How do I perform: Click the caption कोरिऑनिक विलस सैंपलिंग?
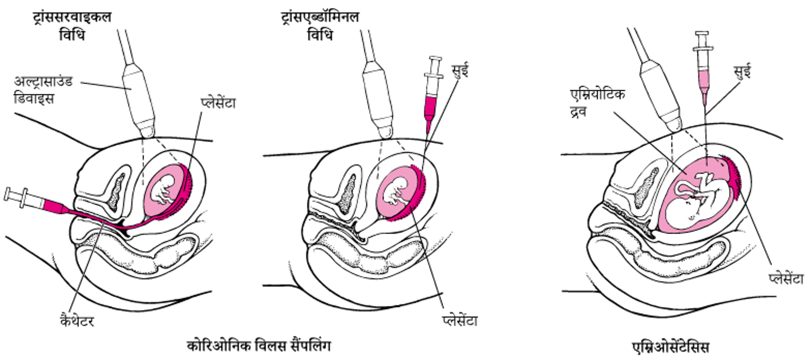(259, 346)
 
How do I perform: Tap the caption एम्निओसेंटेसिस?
(671, 347)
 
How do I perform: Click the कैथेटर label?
(76, 321)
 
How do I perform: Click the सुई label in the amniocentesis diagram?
(743, 72)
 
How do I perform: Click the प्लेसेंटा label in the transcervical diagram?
(218, 103)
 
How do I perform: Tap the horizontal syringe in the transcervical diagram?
(34, 201)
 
